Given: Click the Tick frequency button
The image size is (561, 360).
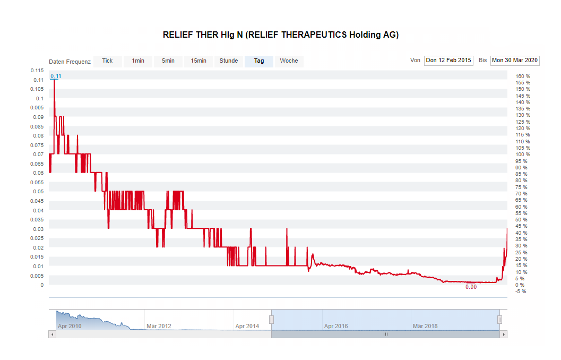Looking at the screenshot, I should click(x=107, y=61).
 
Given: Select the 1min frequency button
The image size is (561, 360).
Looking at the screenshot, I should click(x=138, y=61).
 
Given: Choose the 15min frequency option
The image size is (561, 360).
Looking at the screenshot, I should click(x=198, y=61).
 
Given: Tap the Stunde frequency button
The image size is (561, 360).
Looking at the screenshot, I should click(x=229, y=61).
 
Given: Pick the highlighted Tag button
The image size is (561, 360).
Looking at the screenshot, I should click(x=259, y=61).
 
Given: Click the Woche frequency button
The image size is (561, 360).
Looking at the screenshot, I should click(x=289, y=61).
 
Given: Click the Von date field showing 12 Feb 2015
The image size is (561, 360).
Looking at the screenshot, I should click(x=448, y=61).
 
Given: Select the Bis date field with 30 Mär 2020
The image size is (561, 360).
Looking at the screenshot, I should click(x=515, y=61).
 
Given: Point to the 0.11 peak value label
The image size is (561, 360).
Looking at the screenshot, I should click(x=56, y=76).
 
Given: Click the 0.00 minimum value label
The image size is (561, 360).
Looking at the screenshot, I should click(x=471, y=287).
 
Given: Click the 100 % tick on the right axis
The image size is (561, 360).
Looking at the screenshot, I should click(x=522, y=155).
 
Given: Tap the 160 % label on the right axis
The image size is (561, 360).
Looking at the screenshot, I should click(x=522, y=76).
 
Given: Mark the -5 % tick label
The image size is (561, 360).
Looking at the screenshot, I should click(x=521, y=291).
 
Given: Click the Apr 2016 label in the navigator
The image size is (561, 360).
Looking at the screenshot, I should click(x=336, y=326).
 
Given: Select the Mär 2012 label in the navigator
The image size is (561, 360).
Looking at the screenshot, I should click(x=159, y=326).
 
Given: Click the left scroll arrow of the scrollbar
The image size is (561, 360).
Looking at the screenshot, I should click(x=51, y=335).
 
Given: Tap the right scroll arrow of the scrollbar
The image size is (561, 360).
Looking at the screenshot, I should click(x=504, y=335).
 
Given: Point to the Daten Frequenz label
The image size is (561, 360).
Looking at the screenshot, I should click(x=70, y=62).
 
